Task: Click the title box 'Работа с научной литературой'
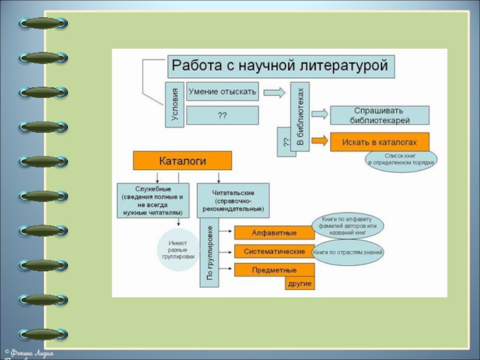pos(281,66)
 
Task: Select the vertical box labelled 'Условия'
pos(174,104)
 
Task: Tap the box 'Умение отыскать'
pos(223,92)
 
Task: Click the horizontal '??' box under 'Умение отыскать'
pos(223,115)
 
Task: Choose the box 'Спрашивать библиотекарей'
pos(380,115)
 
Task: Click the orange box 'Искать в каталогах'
pos(380,142)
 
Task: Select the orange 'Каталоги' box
pos(182,161)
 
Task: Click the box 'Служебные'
pos(153,200)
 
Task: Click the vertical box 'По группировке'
pos(209,253)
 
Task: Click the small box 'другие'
pos(300,283)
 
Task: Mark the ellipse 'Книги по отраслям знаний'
pos(348,252)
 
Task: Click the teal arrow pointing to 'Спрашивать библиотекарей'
pos(319,114)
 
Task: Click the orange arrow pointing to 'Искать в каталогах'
pos(319,142)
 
